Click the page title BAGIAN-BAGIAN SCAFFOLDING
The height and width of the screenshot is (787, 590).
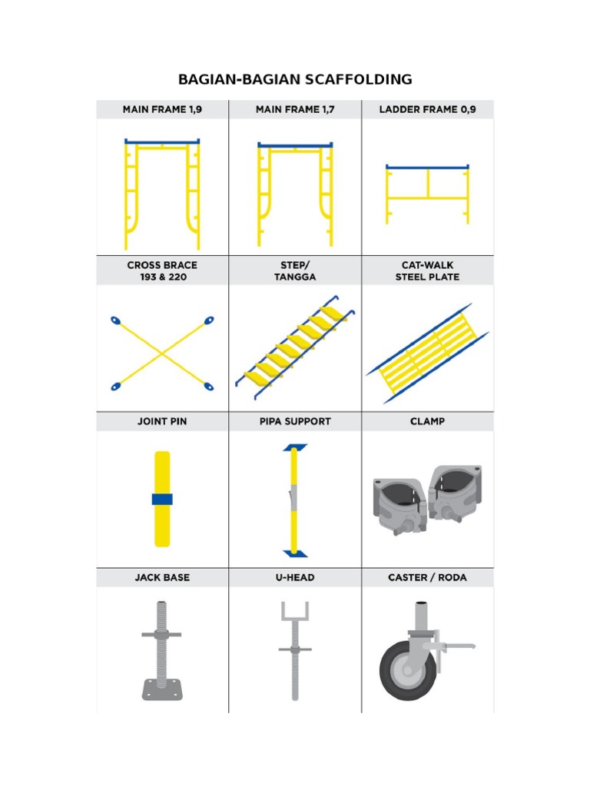(295, 79)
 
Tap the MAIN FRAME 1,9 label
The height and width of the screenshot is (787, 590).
(162, 110)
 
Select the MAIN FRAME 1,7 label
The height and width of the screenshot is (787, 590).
(295, 110)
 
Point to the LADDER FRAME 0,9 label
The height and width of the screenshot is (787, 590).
(427, 110)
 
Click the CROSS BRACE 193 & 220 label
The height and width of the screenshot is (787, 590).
(162, 271)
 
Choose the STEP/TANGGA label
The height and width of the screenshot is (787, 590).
(295, 271)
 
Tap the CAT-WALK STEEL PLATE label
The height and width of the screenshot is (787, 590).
(427, 271)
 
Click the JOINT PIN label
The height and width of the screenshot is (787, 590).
(162, 421)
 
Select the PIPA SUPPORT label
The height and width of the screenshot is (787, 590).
(295, 421)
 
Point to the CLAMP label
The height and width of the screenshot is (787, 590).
(427, 421)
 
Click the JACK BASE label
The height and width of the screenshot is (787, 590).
(162, 577)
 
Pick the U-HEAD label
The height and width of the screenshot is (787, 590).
(295, 577)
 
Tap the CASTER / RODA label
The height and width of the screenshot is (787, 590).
(427, 577)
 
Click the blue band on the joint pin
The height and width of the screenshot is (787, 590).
(162, 499)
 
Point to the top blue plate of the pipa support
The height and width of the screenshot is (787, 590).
(295, 447)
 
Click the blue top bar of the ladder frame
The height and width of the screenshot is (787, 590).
(427, 167)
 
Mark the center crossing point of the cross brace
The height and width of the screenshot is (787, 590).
(162, 353)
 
